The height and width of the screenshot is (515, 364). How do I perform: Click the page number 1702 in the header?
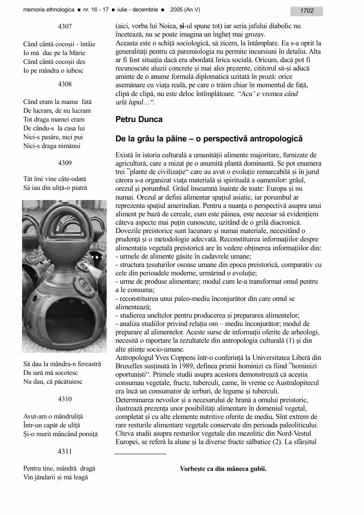pyautogui.click(x=307, y=11)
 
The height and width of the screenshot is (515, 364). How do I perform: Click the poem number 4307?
pyautogui.click(x=65, y=26)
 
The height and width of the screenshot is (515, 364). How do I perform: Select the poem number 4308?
pyautogui.click(x=65, y=84)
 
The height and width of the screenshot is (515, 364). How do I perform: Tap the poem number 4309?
pyautogui.click(x=65, y=163)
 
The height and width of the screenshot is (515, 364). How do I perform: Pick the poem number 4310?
pyautogui.click(x=65, y=399)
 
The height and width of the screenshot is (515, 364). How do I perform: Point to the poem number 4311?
pyautogui.click(x=65, y=451)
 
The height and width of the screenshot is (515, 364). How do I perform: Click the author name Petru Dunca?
pyautogui.click(x=139, y=119)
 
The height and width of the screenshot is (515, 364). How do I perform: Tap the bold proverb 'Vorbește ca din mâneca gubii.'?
pyautogui.click(x=223, y=469)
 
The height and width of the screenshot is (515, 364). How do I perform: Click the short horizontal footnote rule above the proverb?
pyautogui.click(x=140, y=454)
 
